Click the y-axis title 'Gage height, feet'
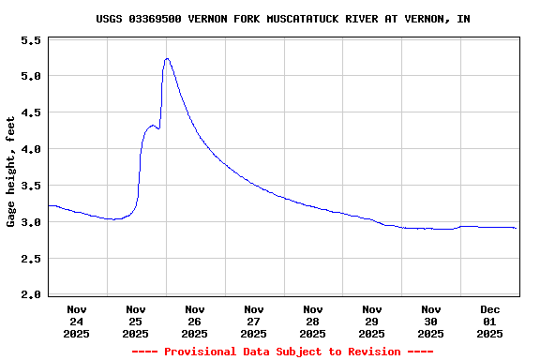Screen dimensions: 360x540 click(x=11, y=172)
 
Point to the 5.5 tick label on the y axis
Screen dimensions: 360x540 click(x=31, y=41)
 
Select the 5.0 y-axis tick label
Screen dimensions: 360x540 click(x=31, y=76)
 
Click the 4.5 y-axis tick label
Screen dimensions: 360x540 click(x=31, y=112)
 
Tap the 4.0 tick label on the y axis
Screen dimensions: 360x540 click(x=31, y=149)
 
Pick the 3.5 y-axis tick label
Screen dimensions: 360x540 click(x=31, y=186)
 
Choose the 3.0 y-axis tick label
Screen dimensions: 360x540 click(x=31, y=222)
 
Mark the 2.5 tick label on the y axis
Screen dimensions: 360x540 click(x=31, y=259)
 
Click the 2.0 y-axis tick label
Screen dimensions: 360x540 click(x=31, y=295)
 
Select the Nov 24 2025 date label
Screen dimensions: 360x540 click(x=77, y=321)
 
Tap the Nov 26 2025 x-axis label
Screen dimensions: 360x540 click(x=195, y=321)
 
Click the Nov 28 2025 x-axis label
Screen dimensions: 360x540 click(x=313, y=321)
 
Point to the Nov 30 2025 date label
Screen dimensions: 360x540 click(x=431, y=321)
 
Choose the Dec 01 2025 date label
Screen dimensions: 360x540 click(x=490, y=321)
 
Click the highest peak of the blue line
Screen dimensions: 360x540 click(x=167, y=58)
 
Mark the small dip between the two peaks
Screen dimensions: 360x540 click(x=158, y=128)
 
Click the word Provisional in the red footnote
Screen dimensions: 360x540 click(x=200, y=352)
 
